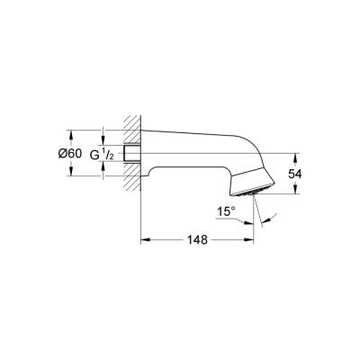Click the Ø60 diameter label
tap(69, 154)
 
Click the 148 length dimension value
tap(197, 240)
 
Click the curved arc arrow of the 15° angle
tap(267, 216)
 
